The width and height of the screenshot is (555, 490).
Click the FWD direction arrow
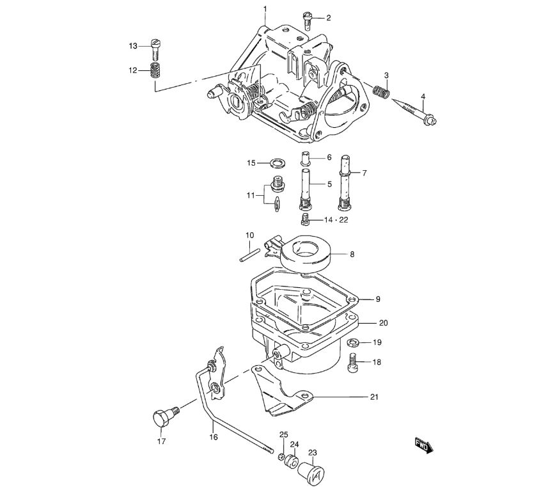424,445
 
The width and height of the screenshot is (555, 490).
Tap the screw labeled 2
307,20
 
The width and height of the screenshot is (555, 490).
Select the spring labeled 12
155,70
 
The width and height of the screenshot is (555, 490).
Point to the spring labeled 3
381,91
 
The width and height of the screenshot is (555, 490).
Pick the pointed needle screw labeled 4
414,111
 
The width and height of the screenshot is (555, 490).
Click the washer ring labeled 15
278,163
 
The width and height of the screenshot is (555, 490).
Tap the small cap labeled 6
306,157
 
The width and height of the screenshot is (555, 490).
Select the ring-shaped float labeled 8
306,254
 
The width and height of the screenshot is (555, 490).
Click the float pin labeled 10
250,255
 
